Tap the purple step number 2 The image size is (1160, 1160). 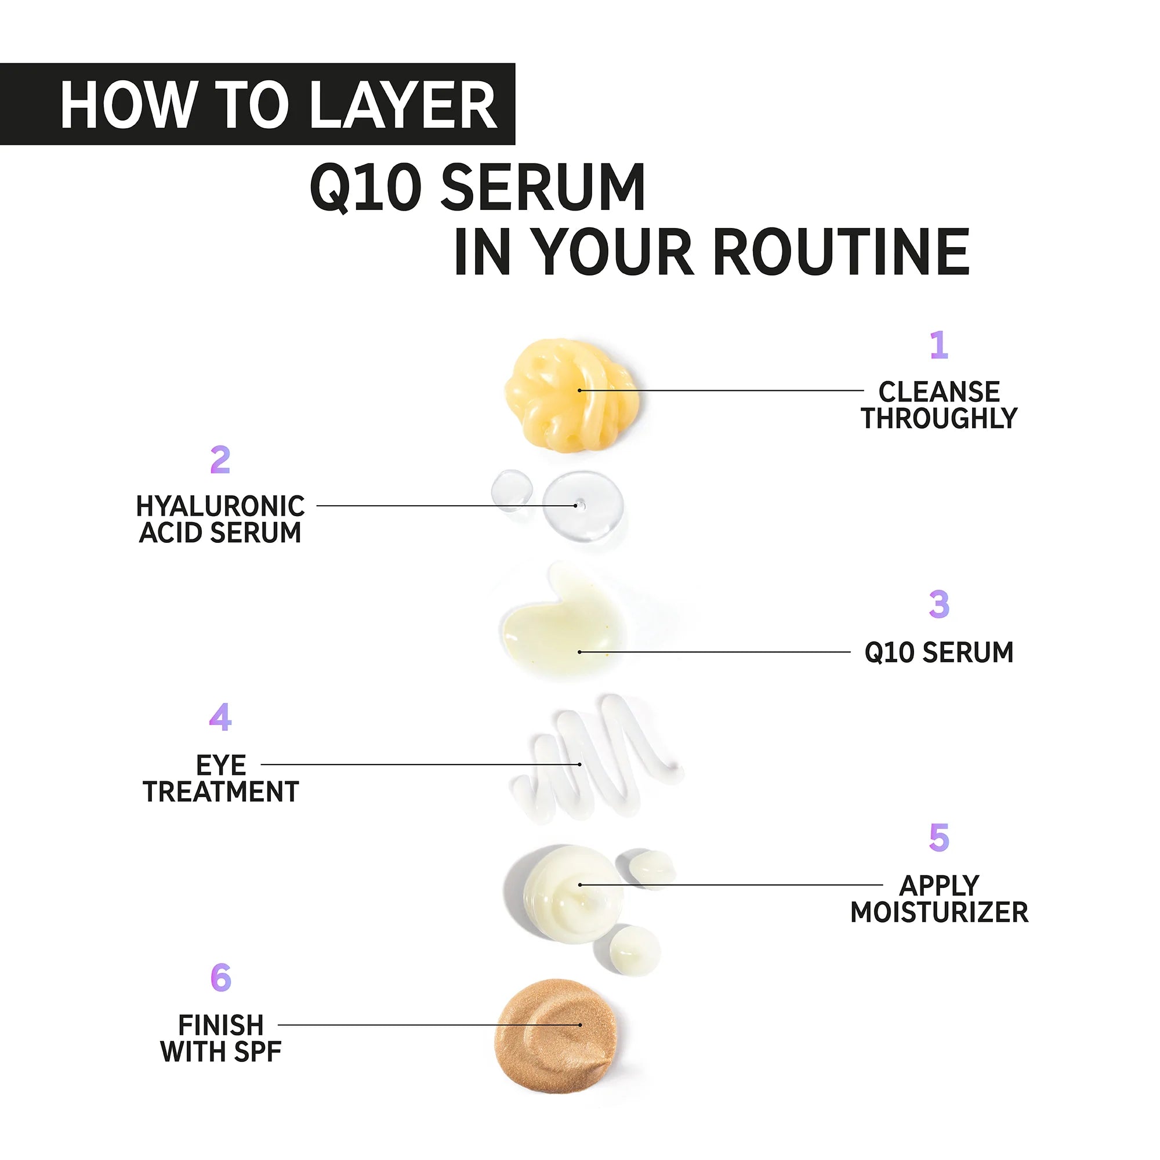click(220, 460)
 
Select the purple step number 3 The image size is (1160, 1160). click(939, 604)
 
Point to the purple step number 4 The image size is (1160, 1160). click(220, 717)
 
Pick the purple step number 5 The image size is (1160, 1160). click(939, 838)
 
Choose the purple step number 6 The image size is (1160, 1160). click(220, 978)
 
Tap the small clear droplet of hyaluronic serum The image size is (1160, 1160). click(512, 489)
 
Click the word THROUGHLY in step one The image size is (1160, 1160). click(939, 419)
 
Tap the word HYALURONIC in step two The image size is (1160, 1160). click(220, 506)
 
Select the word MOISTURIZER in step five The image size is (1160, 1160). click(939, 912)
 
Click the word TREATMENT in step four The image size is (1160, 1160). click(220, 792)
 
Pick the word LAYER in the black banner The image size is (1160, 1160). click(404, 105)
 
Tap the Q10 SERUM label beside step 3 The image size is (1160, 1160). click(939, 652)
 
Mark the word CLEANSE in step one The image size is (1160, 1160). click(939, 392)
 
